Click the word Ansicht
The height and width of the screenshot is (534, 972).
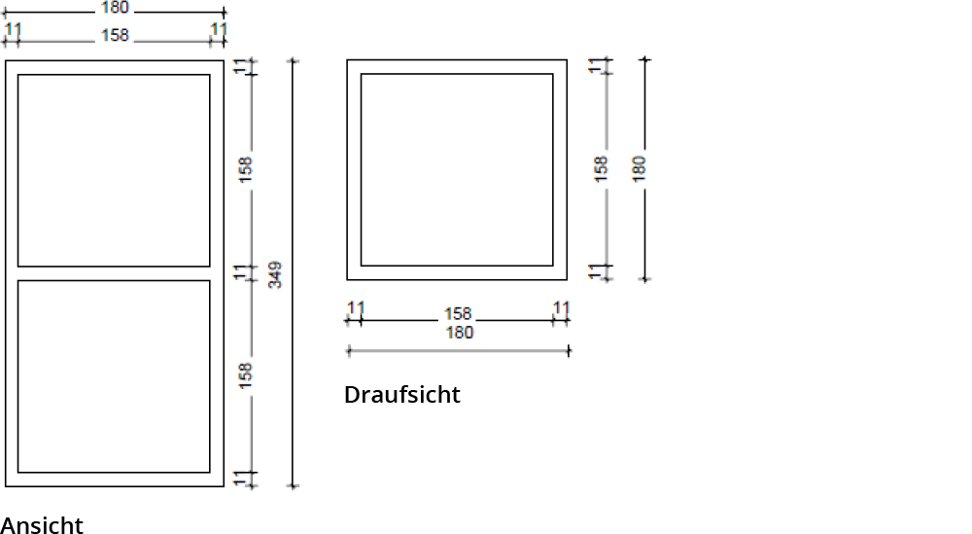(x=42, y=525)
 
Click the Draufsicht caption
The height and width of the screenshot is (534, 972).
(x=401, y=394)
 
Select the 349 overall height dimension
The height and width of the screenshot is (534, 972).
(x=275, y=273)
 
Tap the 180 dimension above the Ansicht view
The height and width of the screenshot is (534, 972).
(x=115, y=8)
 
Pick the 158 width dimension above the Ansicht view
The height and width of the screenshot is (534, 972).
(x=115, y=36)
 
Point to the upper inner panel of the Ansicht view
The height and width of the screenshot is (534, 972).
(x=114, y=170)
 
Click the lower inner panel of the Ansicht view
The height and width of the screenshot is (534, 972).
(x=114, y=376)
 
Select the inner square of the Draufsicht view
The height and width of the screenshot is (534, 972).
(x=457, y=169)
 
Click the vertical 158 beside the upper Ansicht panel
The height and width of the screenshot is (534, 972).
(x=246, y=169)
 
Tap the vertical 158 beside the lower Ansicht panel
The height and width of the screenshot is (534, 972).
(x=246, y=375)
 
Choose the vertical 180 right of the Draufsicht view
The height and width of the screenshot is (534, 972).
(x=639, y=167)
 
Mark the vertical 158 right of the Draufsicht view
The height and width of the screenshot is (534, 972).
(x=601, y=168)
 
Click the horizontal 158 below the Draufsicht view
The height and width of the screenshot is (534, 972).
(x=458, y=313)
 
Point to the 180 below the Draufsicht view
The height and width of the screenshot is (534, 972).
(x=459, y=333)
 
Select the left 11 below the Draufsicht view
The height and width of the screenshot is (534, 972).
(x=356, y=308)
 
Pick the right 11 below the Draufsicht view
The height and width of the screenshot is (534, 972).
(x=561, y=308)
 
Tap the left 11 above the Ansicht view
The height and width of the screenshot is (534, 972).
(x=13, y=30)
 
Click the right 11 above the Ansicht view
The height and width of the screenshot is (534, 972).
(x=219, y=30)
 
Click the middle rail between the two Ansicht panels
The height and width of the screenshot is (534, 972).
(x=114, y=273)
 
